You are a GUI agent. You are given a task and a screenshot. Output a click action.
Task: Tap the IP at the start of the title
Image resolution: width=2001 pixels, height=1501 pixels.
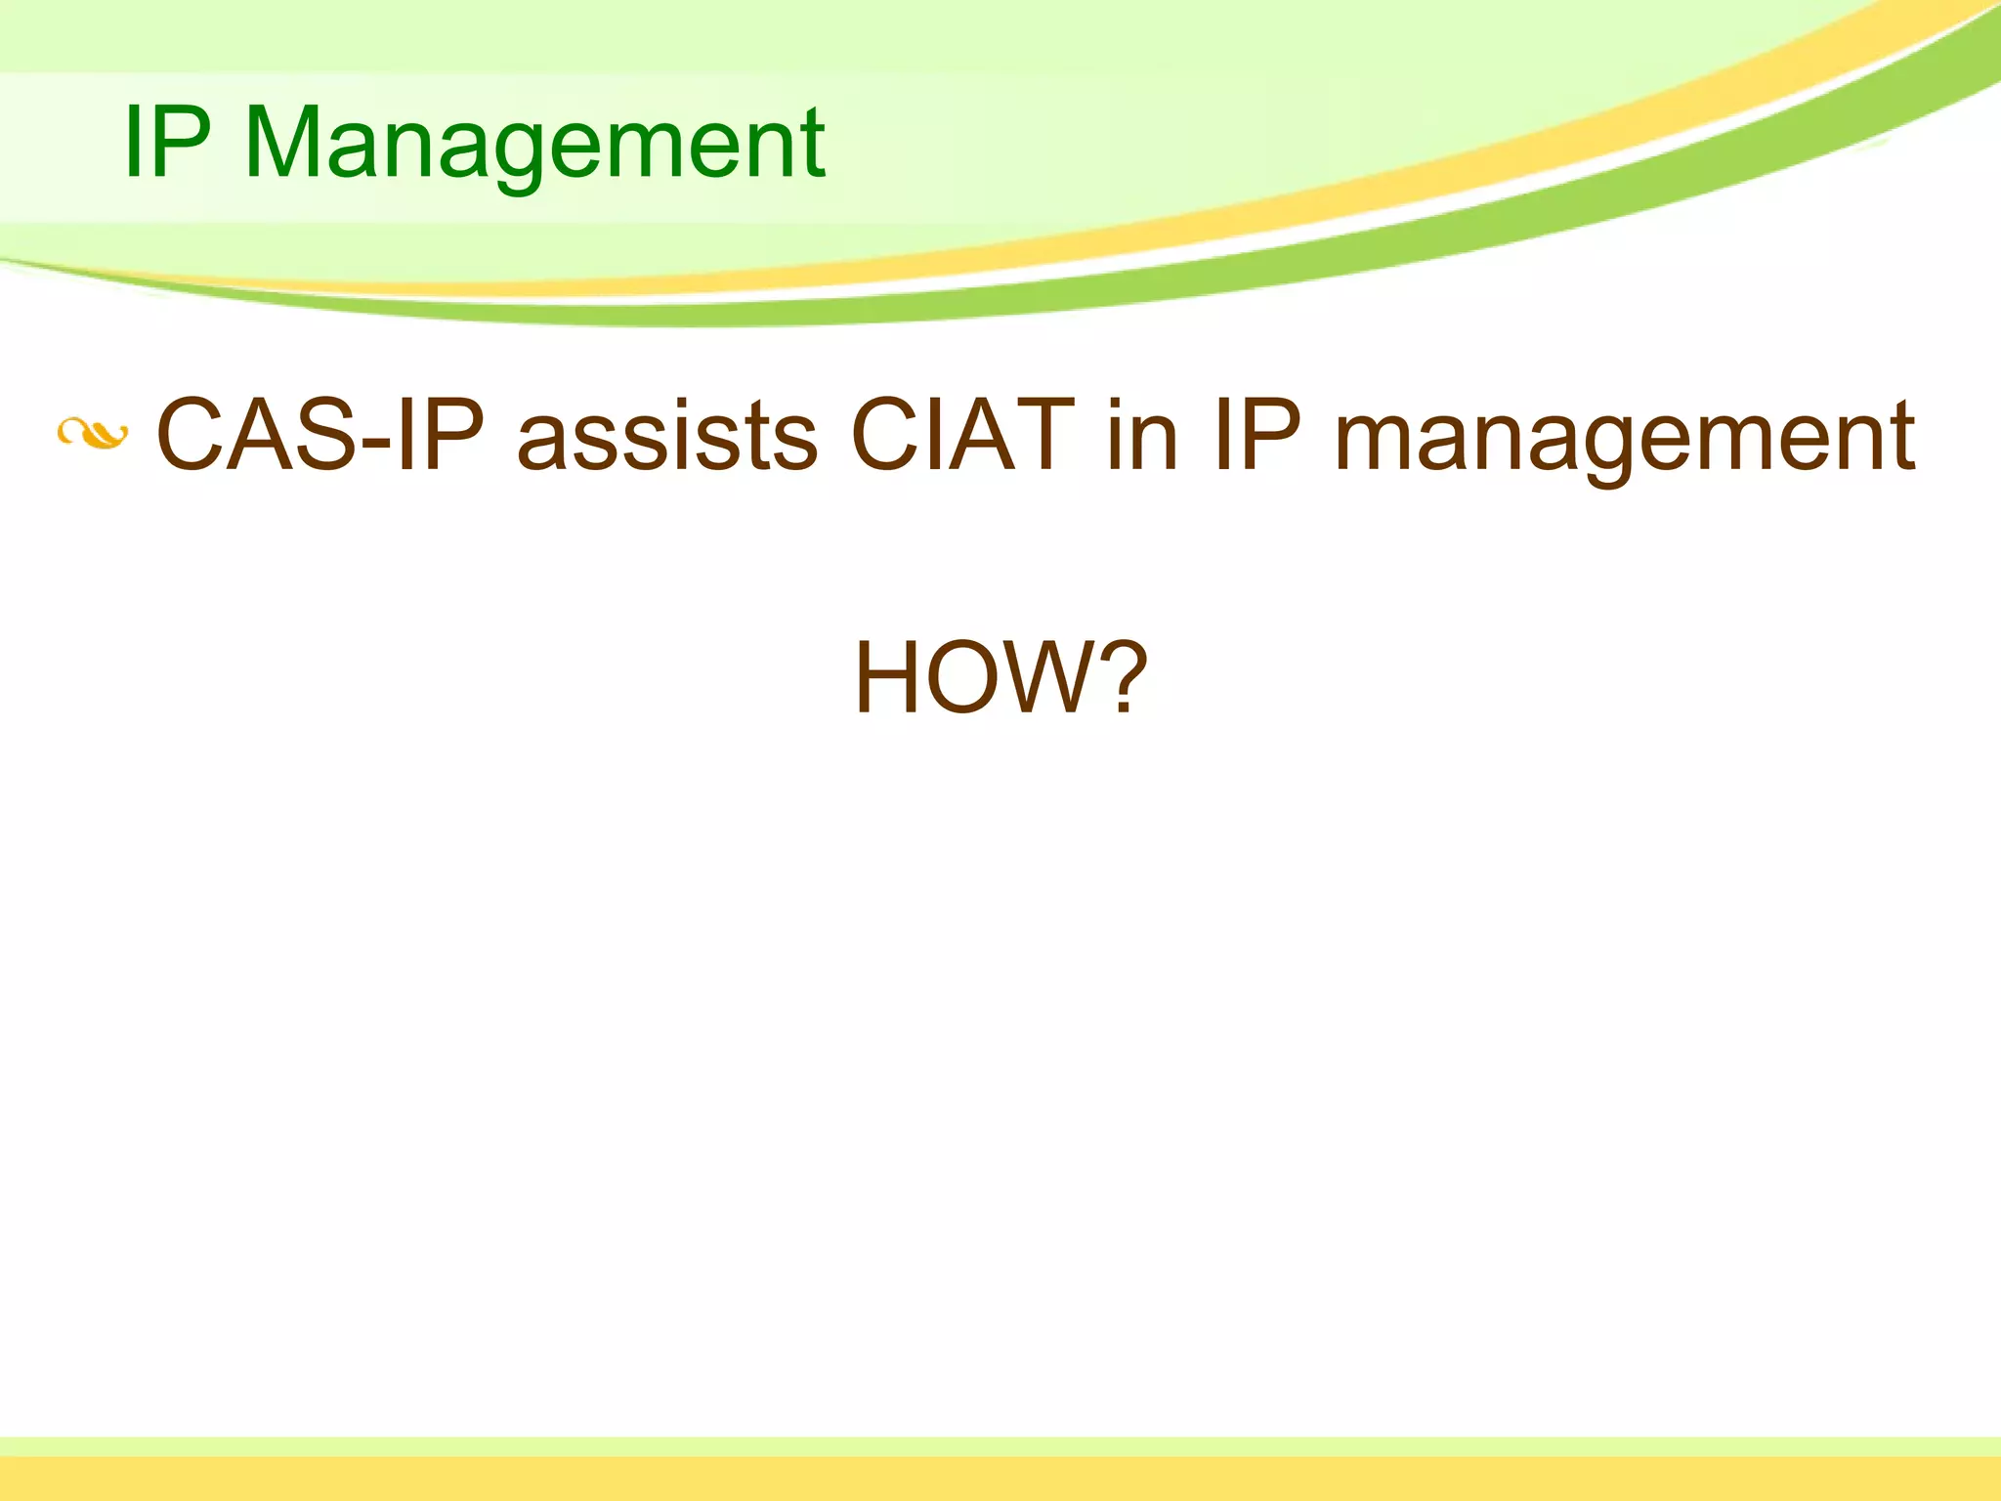point(167,144)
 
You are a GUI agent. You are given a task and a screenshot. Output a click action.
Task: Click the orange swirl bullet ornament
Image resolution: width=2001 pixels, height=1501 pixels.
point(92,433)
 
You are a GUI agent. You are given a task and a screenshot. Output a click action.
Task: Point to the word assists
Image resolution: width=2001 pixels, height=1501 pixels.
point(666,436)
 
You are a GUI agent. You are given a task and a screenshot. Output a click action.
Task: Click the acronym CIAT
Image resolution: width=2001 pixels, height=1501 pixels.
point(962,436)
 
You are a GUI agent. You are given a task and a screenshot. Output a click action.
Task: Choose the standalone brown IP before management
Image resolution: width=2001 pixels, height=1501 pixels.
point(1257,436)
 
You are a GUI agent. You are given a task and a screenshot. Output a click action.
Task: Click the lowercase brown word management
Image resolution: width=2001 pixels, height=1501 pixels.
point(1624,440)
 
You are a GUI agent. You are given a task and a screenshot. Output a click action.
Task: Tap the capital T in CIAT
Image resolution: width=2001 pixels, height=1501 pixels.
point(1043,436)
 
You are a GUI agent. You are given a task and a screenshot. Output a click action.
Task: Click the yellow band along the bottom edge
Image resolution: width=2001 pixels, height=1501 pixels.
point(1000,1480)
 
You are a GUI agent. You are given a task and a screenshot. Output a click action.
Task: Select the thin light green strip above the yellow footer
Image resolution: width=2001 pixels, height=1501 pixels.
point(1000,1446)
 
